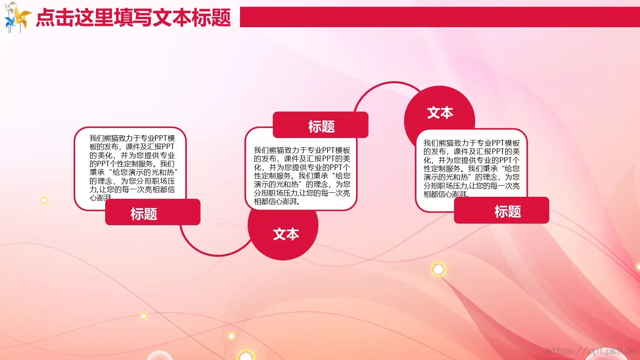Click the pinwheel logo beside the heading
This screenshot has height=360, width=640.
pyautogui.click(x=17, y=17)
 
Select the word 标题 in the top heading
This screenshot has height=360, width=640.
pyautogui.click(x=211, y=18)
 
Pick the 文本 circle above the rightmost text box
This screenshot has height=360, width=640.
pyautogui.click(x=440, y=112)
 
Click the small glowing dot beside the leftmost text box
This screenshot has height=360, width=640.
pyautogui.click(x=44, y=200)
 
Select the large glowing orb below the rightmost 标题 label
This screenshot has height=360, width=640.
pyautogui.click(x=438, y=269)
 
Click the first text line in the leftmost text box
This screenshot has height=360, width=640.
pyautogui.click(x=132, y=138)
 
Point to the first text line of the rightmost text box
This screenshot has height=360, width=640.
pyautogui.click(x=471, y=143)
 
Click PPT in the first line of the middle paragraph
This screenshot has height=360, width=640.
pyautogui.click(x=322, y=150)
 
